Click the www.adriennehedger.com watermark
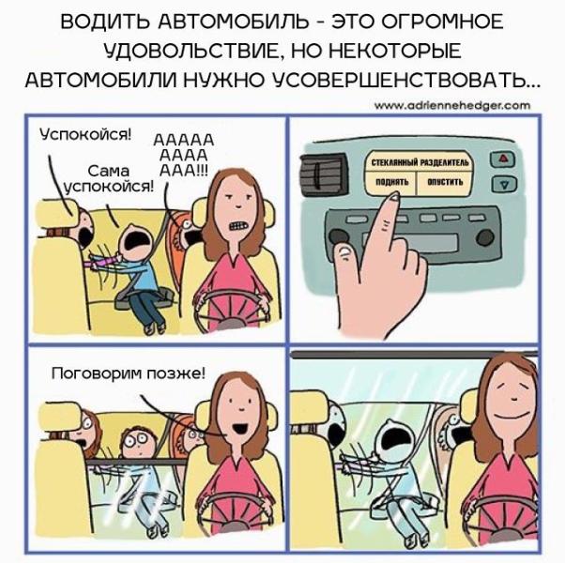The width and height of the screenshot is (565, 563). tap(452, 105)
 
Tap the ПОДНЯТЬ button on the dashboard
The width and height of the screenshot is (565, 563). tap(391, 182)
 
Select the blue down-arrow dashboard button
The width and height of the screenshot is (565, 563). tap(505, 183)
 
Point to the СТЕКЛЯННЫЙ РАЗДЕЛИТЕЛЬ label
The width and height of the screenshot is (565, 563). tap(420, 163)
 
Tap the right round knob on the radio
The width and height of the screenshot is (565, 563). tap(485, 236)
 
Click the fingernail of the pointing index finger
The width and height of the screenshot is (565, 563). tap(393, 195)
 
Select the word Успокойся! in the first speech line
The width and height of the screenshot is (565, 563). tap(85, 135)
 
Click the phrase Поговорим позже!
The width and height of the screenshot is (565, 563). tap(129, 373)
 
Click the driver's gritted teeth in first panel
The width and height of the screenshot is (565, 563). tap(237, 226)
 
